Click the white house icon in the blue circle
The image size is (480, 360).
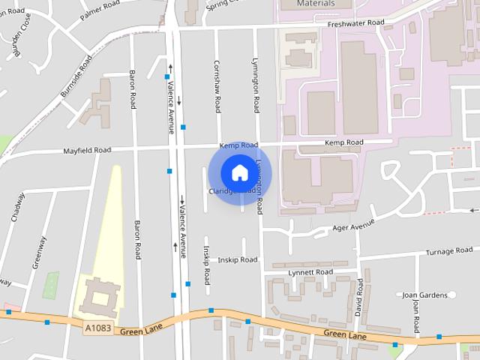click(x=239, y=172)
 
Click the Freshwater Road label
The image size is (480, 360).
click(x=355, y=23)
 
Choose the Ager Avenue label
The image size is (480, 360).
click(x=352, y=224)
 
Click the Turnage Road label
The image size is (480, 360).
click(x=448, y=250)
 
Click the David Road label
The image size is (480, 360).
click(x=359, y=296)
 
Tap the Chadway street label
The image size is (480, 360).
click(x=19, y=207)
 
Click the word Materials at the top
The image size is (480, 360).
click(x=316, y=4)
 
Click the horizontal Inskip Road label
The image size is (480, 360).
click(x=237, y=259)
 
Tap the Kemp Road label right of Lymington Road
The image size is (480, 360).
click(x=343, y=142)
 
